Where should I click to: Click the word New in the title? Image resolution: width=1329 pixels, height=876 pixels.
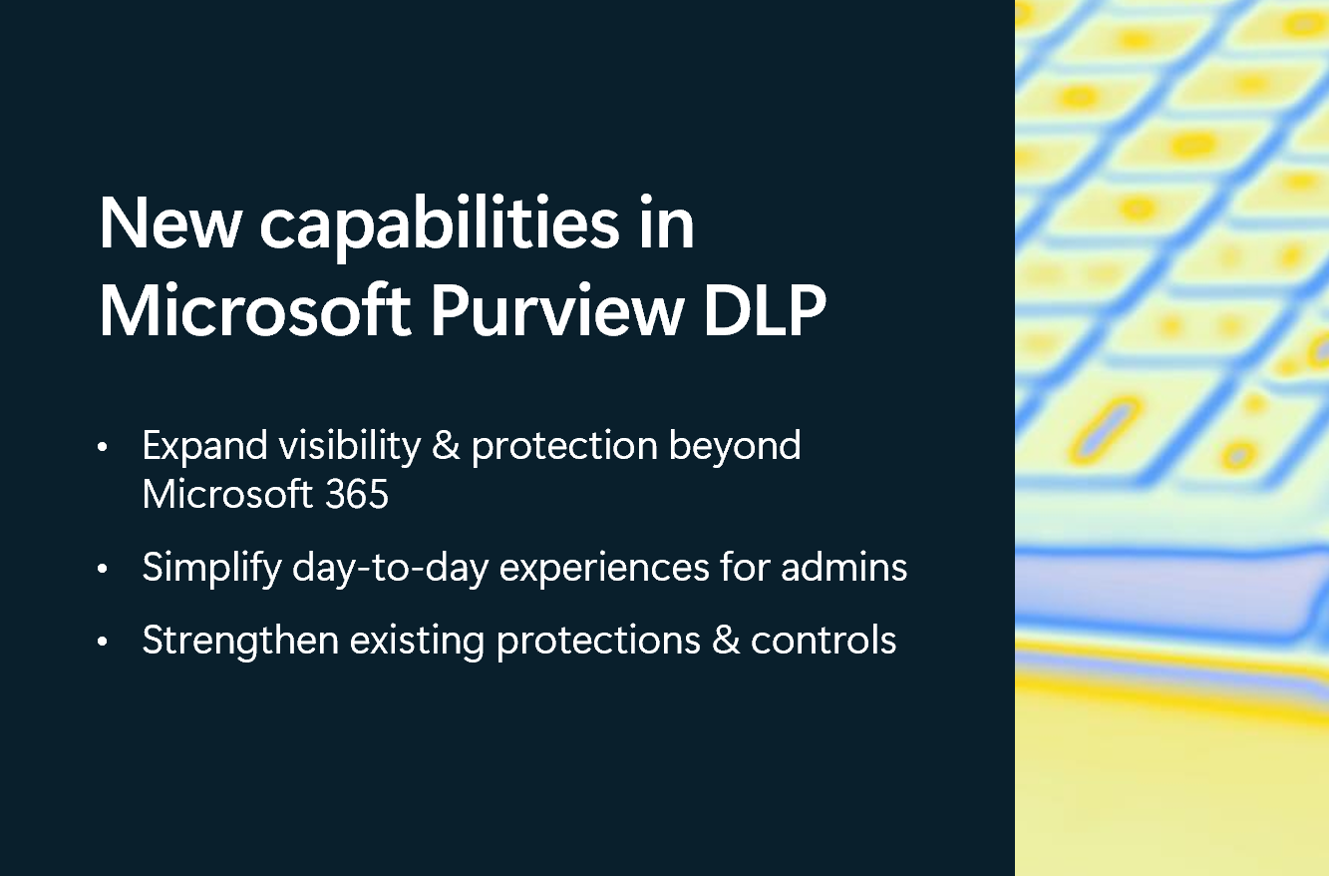click(168, 224)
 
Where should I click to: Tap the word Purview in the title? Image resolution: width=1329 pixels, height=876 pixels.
click(557, 311)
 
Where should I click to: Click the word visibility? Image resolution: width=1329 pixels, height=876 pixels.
click(350, 446)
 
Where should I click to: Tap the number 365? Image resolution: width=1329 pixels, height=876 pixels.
click(356, 494)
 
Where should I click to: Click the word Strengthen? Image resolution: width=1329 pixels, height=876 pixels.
click(240, 641)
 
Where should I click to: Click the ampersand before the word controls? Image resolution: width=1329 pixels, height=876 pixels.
click(726, 640)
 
